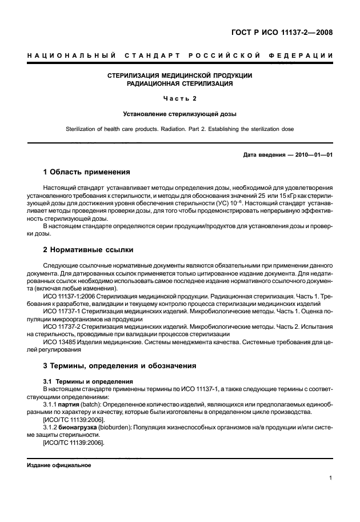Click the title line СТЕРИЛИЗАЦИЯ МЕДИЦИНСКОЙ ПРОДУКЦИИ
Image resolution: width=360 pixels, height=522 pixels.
coord(180,75)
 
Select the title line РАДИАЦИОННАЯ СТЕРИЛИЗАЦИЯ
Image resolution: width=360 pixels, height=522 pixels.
coord(180,83)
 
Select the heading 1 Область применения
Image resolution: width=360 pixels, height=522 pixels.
coord(87,172)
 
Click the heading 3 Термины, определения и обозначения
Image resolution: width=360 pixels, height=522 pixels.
coord(120,365)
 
